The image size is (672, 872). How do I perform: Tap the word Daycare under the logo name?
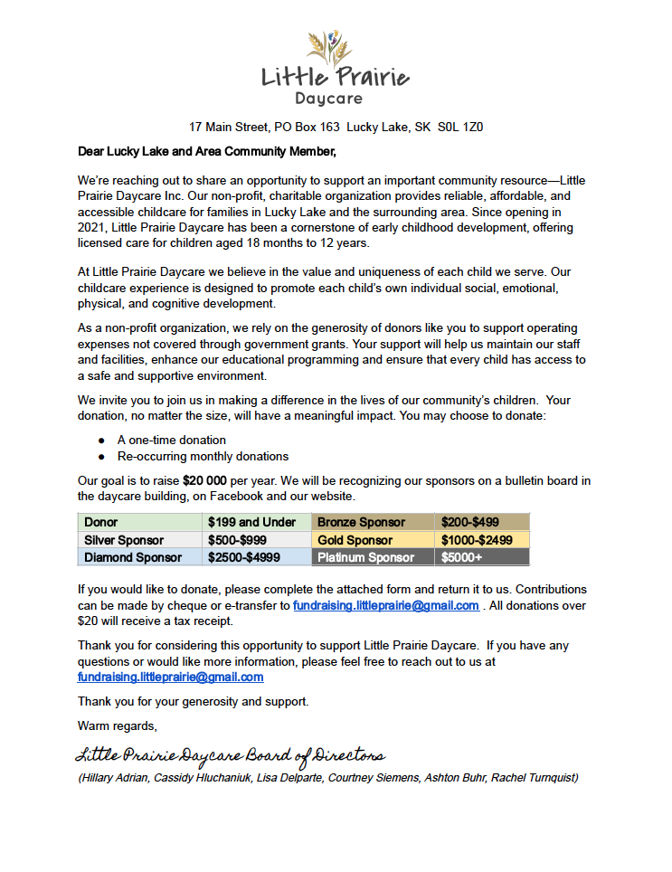pyautogui.click(x=328, y=98)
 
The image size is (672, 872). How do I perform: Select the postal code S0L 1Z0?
pyautogui.click(x=460, y=128)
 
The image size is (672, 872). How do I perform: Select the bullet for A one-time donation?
pyautogui.click(x=102, y=441)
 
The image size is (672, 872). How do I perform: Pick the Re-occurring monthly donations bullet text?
pyautogui.click(x=203, y=456)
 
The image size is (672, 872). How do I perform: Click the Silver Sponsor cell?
pyautogui.click(x=124, y=540)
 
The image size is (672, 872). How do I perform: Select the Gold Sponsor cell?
pyautogui.click(x=355, y=540)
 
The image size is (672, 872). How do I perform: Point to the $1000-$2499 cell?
pyautogui.click(x=476, y=540)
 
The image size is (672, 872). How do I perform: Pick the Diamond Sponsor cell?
pyautogui.click(x=133, y=557)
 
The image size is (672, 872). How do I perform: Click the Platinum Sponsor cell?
pyautogui.click(x=365, y=557)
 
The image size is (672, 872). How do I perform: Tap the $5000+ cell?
pyautogui.click(x=461, y=557)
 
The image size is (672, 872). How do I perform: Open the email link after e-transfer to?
pyautogui.click(x=385, y=605)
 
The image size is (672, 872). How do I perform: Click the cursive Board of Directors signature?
pyautogui.click(x=231, y=755)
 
